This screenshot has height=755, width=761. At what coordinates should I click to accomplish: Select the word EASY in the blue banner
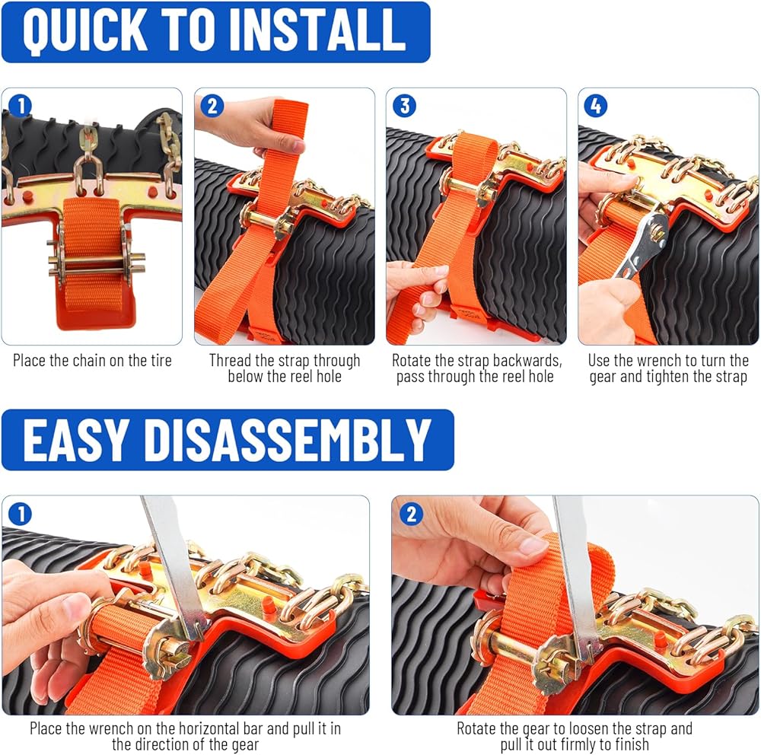click(76, 440)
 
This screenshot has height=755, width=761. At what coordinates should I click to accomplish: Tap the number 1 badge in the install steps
click(21, 106)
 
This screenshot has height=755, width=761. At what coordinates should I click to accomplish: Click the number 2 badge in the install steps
click(212, 106)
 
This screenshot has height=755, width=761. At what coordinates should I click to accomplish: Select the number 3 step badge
click(404, 106)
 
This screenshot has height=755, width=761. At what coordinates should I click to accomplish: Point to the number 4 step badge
click(596, 106)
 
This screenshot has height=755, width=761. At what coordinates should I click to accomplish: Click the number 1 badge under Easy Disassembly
click(21, 514)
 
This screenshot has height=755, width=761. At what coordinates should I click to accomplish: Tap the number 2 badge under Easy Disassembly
click(411, 514)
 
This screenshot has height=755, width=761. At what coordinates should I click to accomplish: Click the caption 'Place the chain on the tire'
click(92, 360)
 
